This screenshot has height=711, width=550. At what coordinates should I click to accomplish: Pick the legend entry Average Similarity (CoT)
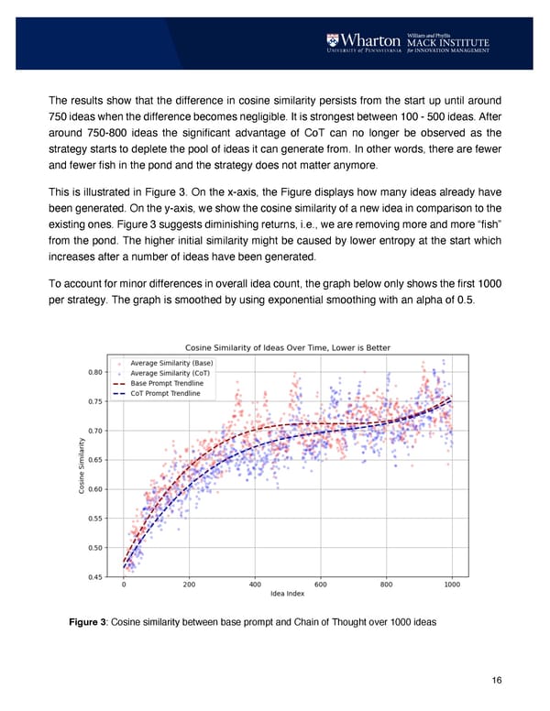175,373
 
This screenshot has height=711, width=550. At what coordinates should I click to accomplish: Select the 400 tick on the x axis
255,585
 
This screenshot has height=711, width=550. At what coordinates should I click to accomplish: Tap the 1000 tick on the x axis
452,585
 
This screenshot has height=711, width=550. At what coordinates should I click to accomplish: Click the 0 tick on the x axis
124,585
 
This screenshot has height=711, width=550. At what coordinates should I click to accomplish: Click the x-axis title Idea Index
288,596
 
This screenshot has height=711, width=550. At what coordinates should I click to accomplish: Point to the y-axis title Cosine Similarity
82,466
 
